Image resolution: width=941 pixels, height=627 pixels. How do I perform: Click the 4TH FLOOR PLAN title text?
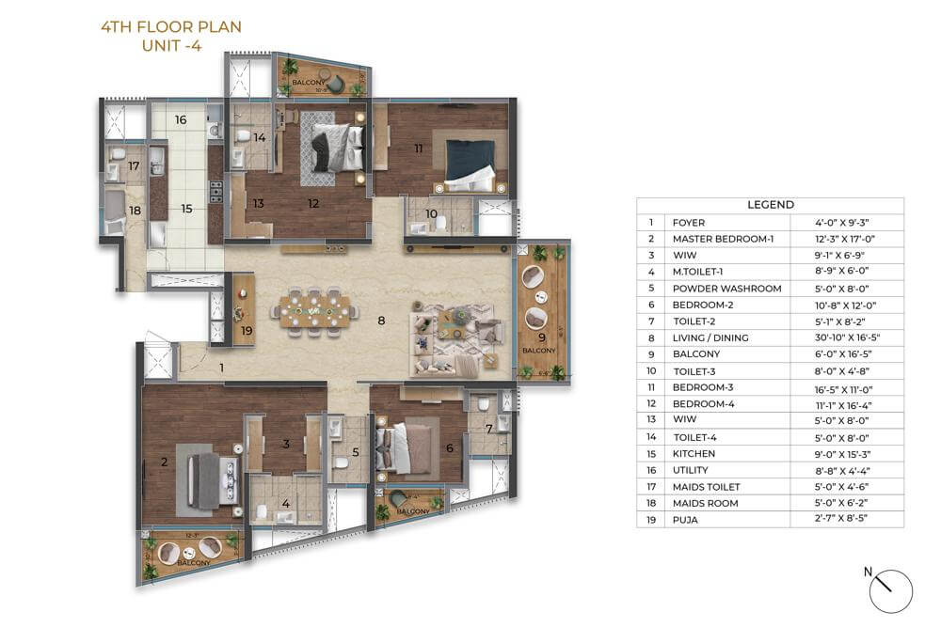(x=170, y=27)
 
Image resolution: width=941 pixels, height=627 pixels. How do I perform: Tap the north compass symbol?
(x=891, y=590)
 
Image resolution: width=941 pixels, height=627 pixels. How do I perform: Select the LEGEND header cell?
(x=770, y=205)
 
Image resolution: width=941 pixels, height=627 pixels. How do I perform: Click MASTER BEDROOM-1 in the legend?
(x=723, y=239)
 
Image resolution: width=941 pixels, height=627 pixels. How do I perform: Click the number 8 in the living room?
(x=381, y=321)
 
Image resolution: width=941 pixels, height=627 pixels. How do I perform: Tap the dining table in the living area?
(x=315, y=308)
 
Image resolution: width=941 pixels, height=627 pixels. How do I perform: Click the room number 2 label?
(x=164, y=462)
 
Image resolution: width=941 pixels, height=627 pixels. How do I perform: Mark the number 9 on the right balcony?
(x=541, y=337)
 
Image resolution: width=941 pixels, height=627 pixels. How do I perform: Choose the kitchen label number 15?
(x=186, y=209)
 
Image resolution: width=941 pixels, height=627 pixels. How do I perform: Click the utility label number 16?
(x=181, y=120)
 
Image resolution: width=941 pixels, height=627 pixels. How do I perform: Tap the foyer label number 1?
(x=222, y=368)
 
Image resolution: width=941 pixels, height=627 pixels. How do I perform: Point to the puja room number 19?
(x=247, y=330)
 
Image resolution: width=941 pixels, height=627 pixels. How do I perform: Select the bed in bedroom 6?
(x=412, y=447)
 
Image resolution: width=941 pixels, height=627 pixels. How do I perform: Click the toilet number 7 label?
(x=488, y=429)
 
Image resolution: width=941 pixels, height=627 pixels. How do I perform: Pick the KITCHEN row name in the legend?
(x=694, y=453)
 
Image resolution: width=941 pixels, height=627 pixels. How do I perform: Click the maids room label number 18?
(x=135, y=211)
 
